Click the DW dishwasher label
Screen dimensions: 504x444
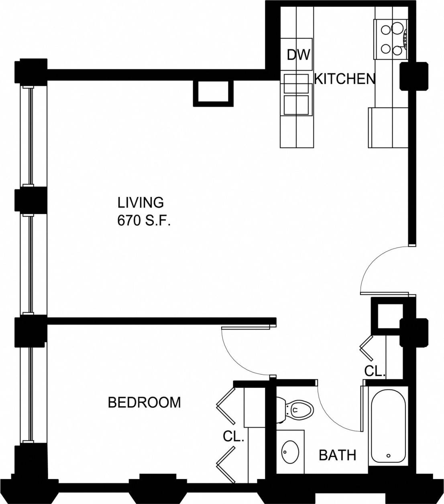(298, 55)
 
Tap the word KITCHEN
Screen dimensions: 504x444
(344, 79)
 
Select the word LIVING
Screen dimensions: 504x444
(141, 202)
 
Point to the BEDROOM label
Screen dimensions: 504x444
(144, 402)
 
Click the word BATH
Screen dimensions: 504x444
(337, 455)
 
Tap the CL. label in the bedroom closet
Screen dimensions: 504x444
(234, 437)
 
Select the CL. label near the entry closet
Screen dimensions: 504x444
(375, 371)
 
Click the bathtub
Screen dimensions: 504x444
(389, 426)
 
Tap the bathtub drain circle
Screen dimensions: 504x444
(389, 456)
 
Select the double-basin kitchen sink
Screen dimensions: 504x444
(297, 95)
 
